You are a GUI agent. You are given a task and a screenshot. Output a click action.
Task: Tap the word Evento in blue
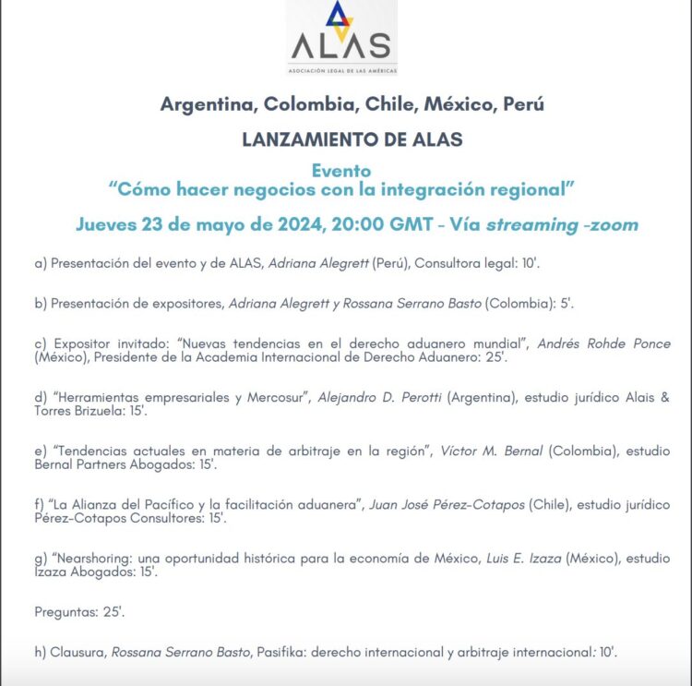pos(341,171)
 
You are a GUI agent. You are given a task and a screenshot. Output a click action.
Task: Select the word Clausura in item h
pos(78,652)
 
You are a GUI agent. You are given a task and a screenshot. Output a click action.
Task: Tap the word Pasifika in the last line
pos(277,652)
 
